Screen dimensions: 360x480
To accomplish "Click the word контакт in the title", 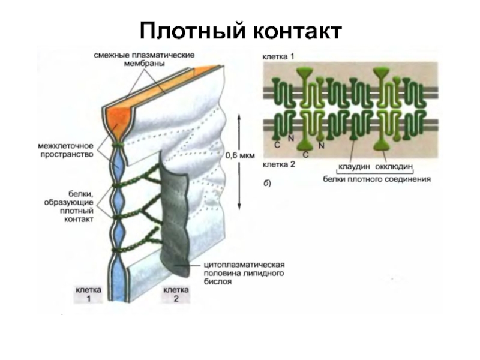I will tap(297, 30).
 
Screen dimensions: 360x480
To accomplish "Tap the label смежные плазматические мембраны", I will tap(143, 59).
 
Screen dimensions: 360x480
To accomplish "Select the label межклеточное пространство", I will tap(65, 150).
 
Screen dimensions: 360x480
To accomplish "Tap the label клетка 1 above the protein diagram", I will tap(278, 56).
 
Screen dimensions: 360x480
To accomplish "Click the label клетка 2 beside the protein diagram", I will tap(278, 163).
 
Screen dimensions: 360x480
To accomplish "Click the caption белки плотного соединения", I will tap(377, 178).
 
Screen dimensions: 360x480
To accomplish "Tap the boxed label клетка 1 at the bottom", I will tap(88, 293).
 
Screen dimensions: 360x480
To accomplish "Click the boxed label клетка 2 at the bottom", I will tap(175, 293).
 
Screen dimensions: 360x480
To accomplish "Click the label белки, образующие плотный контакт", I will tap(68, 207).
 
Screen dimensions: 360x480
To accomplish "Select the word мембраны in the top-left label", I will tap(143, 64).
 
